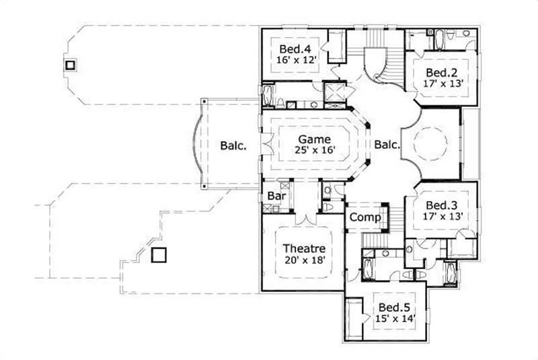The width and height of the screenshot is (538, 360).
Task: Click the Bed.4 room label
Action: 295,49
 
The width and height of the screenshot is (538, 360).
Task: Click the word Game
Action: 315,139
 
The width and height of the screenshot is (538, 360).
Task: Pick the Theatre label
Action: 304,248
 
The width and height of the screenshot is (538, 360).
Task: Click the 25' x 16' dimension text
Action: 315,151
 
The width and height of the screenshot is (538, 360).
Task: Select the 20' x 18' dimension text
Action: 304,260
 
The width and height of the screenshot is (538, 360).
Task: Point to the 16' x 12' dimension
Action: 295,60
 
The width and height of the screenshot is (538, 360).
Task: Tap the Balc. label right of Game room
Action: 387,145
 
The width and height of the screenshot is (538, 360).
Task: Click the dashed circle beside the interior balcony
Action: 428,143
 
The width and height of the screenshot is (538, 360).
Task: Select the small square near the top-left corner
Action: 69,65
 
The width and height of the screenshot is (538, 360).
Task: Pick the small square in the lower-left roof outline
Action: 159,255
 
